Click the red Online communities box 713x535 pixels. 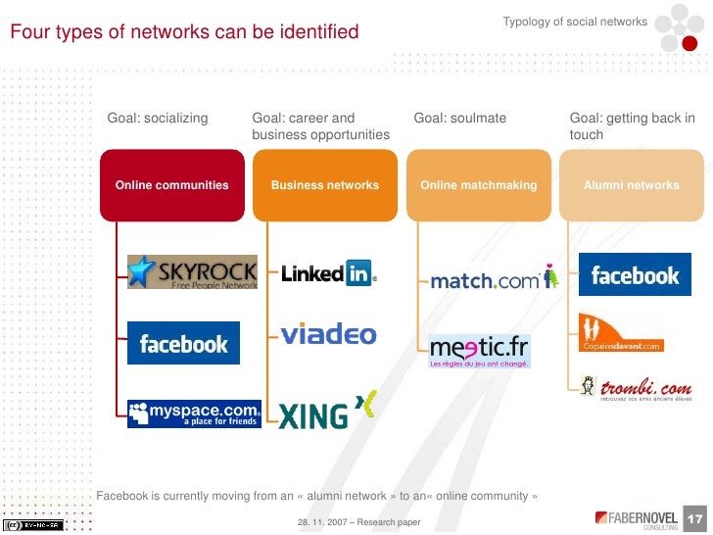(x=172, y=184)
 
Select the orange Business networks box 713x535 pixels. (x=325, y=184)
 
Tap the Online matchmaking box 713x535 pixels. (x=479, y=184)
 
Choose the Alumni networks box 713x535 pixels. (x=632, y=184)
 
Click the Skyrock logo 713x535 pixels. (x=192, y=272)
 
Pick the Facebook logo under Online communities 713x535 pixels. (x=183, y=343)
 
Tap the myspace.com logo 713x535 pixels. (x=194, y=413)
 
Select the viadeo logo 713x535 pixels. (x=328, y=335)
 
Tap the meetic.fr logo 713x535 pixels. (x=480, y=350)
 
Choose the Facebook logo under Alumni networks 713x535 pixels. (x=635, y=275)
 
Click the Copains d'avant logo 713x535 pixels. (x=621, y=332)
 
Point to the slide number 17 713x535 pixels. (x=696, y=518)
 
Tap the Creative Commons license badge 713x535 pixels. (x=33, y=524)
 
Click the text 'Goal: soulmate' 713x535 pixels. (x=460, y=119)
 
